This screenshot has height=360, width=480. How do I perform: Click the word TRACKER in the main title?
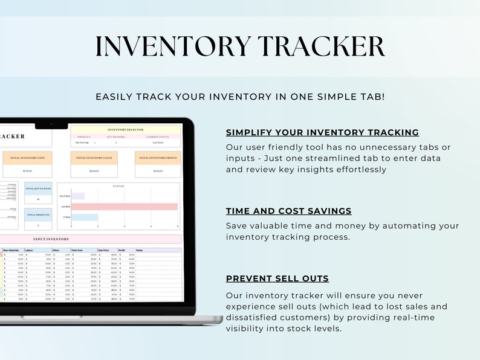coord(320,47)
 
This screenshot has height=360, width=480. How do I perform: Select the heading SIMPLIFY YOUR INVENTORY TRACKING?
coord(322,132)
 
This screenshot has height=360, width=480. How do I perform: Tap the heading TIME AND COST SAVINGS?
coord(288,211)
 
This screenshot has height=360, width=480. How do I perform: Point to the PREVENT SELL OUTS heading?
coord(277,278)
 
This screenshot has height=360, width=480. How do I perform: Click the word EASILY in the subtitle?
coord(115,97)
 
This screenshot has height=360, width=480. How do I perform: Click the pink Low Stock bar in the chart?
coord(124,207)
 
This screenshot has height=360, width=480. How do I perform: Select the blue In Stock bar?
coord(85,217)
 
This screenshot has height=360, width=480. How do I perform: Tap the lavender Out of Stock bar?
coord(78,196)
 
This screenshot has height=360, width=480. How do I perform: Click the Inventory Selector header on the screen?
coord(125,129)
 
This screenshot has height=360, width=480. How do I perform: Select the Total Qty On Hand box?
coord(38,189)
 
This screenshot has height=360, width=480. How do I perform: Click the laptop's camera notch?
coord(51,126)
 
